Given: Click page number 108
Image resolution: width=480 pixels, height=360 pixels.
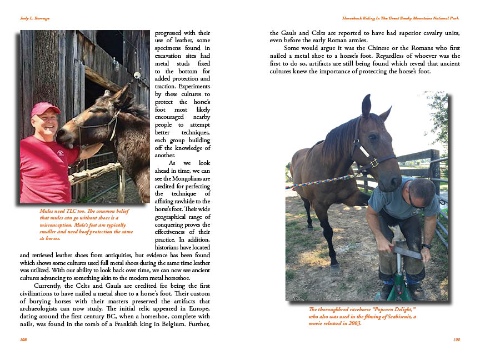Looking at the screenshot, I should point(23,339).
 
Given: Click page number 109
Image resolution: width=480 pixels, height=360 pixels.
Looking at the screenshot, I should point(456,339).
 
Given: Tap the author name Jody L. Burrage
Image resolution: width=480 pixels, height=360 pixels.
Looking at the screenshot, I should point(34,18).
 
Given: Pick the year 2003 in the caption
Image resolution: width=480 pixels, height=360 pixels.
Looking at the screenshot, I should point(352,323).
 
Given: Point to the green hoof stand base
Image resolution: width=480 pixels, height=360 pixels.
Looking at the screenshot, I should point(396,292).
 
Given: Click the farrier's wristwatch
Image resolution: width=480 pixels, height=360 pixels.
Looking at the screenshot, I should point(426,246).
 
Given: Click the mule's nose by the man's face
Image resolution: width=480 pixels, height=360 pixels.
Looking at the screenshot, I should point(63,135).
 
